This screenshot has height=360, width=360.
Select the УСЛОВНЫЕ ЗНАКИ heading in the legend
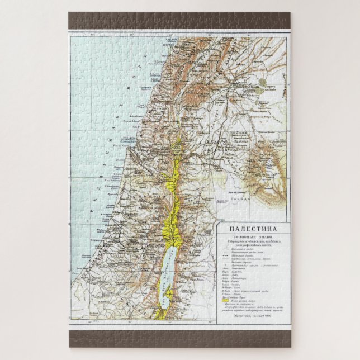(250, 236)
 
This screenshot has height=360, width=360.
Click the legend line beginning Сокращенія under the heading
(250, 241)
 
